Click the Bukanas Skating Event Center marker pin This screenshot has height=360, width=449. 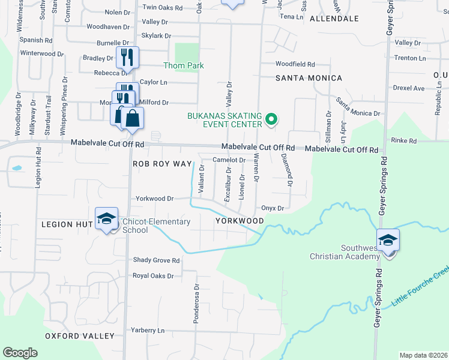271,120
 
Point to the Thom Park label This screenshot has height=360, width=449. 184,65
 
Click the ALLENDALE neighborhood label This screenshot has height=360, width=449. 334,19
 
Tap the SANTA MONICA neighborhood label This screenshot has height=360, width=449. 309,78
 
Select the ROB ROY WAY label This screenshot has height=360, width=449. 162,164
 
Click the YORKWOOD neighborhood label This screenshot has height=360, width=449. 240,221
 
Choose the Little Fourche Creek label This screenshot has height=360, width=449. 420,286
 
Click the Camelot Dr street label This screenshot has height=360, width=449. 229,160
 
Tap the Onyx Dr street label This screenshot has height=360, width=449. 272,208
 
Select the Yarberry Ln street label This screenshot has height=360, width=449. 148,330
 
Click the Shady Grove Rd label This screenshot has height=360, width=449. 156,260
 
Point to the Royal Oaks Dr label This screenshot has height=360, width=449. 153,276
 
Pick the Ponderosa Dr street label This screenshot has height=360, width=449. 196,304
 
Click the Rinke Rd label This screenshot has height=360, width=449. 403,141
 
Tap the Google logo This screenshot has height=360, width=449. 20,353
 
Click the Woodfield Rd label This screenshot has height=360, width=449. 295,64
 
